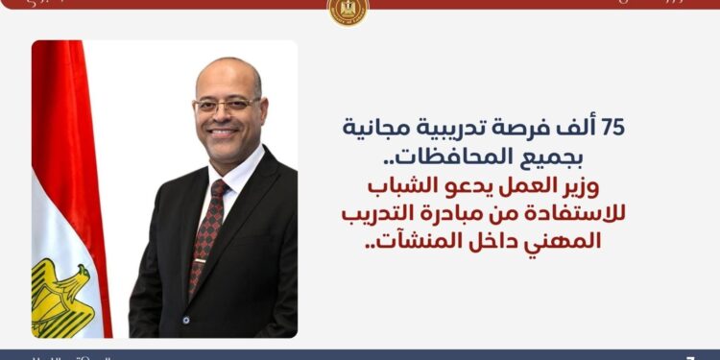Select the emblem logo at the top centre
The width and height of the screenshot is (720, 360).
pos(348,11)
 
